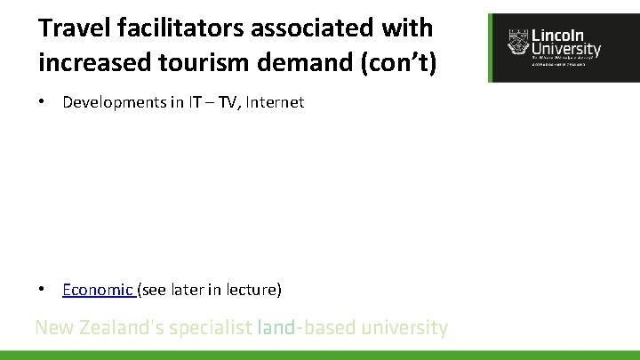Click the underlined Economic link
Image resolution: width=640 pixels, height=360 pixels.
[x=97, y=289]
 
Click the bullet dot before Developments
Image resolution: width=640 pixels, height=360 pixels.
[x=42, y=102]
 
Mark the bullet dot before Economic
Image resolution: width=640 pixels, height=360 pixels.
[x=42, y=289]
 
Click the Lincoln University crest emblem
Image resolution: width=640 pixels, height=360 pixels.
[x=517, y=41]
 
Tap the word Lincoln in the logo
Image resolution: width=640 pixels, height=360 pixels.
[x=558, y=36]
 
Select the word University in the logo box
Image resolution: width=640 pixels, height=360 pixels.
[x=565, y=50]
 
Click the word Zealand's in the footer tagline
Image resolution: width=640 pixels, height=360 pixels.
[x=121, y=328]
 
